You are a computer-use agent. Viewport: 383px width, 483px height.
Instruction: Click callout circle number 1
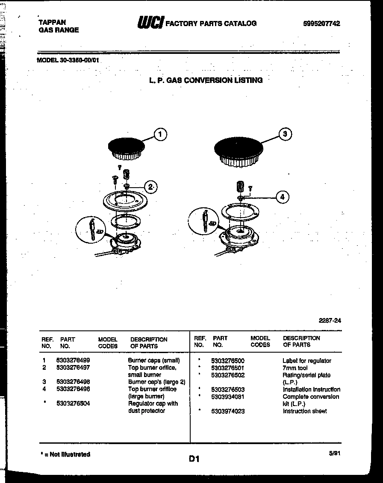160,135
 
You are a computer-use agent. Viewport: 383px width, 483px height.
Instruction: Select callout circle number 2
150,186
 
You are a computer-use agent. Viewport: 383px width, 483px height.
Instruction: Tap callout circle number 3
285,134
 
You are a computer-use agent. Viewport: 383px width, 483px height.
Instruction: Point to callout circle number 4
282,197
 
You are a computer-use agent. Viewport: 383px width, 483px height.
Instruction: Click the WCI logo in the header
150,23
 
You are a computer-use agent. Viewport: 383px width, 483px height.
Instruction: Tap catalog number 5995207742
321,24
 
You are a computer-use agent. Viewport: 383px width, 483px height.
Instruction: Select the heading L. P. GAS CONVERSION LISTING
206,80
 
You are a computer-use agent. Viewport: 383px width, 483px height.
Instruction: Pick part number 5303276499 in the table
73,360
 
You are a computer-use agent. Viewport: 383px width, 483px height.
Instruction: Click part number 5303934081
228,397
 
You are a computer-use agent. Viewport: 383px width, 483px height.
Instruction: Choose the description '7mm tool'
295,368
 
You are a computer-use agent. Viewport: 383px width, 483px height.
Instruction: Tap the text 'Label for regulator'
306,361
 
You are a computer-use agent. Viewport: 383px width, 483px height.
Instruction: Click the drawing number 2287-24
330,321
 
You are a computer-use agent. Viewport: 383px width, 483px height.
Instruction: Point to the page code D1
194,459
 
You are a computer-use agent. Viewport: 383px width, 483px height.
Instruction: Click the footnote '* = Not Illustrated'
65,454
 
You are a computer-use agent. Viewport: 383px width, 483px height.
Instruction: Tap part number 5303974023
228,411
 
